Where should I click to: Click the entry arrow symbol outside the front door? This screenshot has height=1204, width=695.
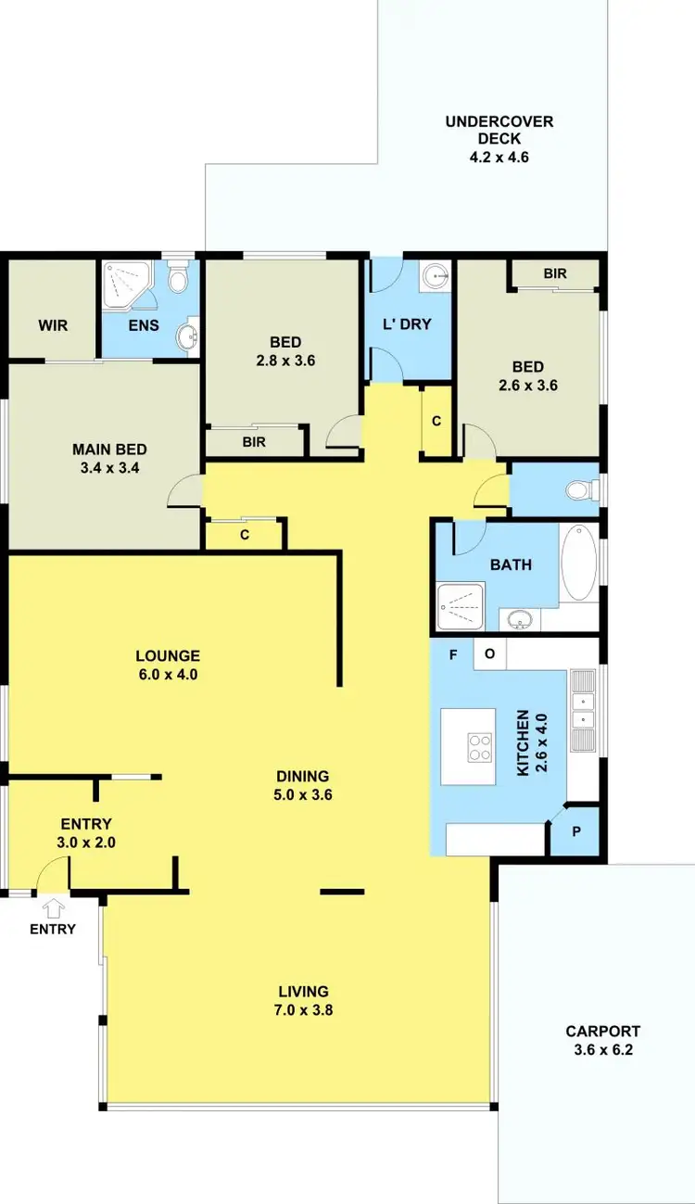[53, 907]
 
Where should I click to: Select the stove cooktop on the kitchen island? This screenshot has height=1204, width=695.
[479, 747]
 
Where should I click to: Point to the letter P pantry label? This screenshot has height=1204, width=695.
[575, 831]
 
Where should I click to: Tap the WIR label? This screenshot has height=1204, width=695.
[53, 326]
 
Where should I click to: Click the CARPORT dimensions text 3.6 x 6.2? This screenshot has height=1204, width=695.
[603, 1050]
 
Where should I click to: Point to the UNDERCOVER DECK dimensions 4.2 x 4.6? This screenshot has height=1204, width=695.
[499, 157]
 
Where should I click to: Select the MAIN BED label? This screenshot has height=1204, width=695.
[109, 450]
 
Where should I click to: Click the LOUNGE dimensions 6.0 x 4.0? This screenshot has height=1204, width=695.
[166, 675]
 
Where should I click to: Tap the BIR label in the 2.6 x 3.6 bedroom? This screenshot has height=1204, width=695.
[555, 274]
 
